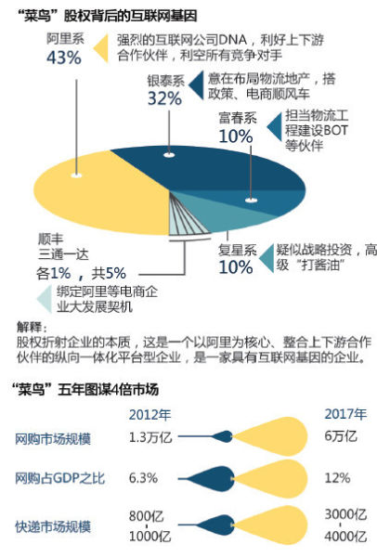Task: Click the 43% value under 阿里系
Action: pyautogui.click(x=64, y=58)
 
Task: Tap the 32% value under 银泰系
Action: pyautogui.click(x=165, y=98)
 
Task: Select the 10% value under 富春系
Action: pyautogui.click(x=236, y=136)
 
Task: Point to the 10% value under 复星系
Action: pyautogui.click(x=236, y=266)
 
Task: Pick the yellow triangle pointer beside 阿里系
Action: pyautogui.click(x=101, y=48)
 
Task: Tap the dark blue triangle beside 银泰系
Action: pyautogui.click(x=196, y=85)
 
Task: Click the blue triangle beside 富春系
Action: pyautogui.click(x=274, y=127)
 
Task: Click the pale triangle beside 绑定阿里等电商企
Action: pyautogui.click(x=45, y=300)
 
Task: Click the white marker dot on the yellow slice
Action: pyautogui.click(x=76, y=175)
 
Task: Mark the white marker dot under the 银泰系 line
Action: pyautogui.click(x=169, y=155)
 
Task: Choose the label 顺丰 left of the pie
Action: pyautogui.click(x=51, y=240)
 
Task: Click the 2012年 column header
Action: pyautogui.click(x=149, y=415)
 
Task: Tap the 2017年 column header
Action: pyautogui.click(x=345, y=414)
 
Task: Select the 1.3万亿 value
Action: pyautogui.click(x=150, y=437)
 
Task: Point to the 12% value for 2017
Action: pyautogui.click(x=338, y=478)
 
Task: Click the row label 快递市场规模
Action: pyautogui.click(x=53, y=526)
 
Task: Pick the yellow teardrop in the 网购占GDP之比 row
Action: pyautogui.click(x=270, y=479)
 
